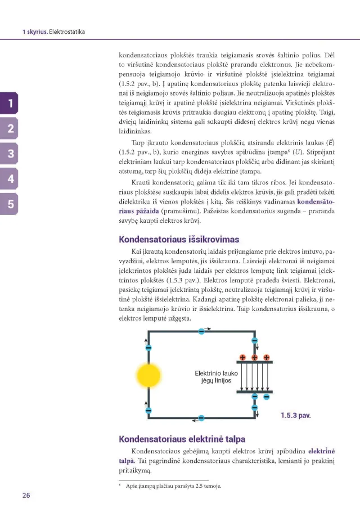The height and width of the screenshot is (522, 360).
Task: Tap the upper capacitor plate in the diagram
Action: (x=254, y=362)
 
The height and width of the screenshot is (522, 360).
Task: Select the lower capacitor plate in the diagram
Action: (x=254, y=391)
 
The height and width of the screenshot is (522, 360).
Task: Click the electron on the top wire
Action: (x=201, y=331)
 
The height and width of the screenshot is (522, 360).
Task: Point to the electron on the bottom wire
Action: (x=201, y=418)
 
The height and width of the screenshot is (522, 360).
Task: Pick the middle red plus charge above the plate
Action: (x=254, y=357)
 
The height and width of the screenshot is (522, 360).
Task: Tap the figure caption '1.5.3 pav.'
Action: (x=295, y=416)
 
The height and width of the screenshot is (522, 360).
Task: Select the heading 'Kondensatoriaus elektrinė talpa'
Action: (x=182, y=439)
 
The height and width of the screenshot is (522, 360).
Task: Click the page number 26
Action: (x=26, y=495)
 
